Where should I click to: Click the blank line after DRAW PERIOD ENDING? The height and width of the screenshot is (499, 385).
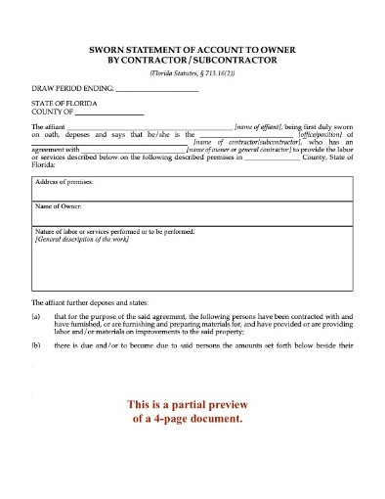[157, 90]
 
